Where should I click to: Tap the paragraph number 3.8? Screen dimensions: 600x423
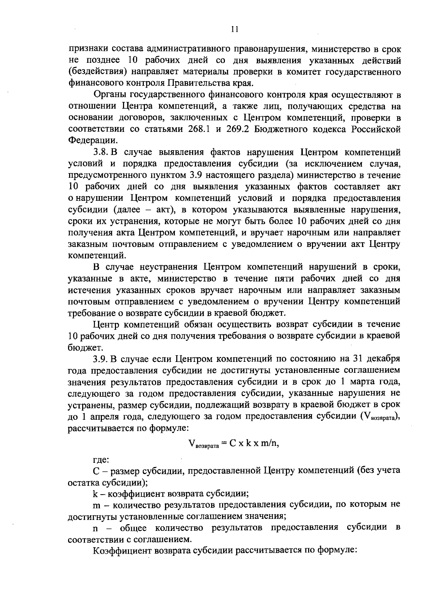100,152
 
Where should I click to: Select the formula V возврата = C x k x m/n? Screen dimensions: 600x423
234,444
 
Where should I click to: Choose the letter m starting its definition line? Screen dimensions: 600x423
96,505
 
